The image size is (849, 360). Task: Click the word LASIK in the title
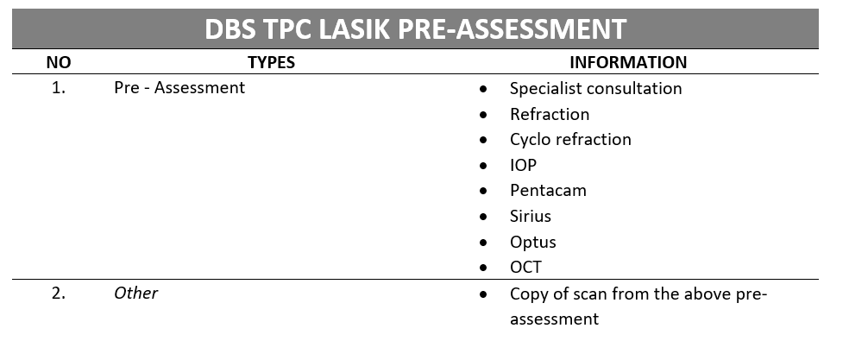354,28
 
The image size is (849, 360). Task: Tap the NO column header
59,62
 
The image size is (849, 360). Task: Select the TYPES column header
271,62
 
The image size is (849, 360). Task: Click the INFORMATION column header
628,62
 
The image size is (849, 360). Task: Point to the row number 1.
59,88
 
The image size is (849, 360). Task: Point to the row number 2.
59,294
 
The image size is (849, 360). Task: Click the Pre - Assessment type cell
179,88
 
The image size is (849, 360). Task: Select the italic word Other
136,294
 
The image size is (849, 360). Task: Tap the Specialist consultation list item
595,89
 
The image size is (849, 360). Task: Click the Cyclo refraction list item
570,140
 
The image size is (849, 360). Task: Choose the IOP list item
523,166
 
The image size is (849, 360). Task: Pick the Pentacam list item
548,191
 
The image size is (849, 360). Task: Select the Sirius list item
530,217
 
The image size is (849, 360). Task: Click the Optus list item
533,243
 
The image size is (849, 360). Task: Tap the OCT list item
525,268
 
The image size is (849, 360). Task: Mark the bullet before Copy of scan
483,294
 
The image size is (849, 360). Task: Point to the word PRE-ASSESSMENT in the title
512,28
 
